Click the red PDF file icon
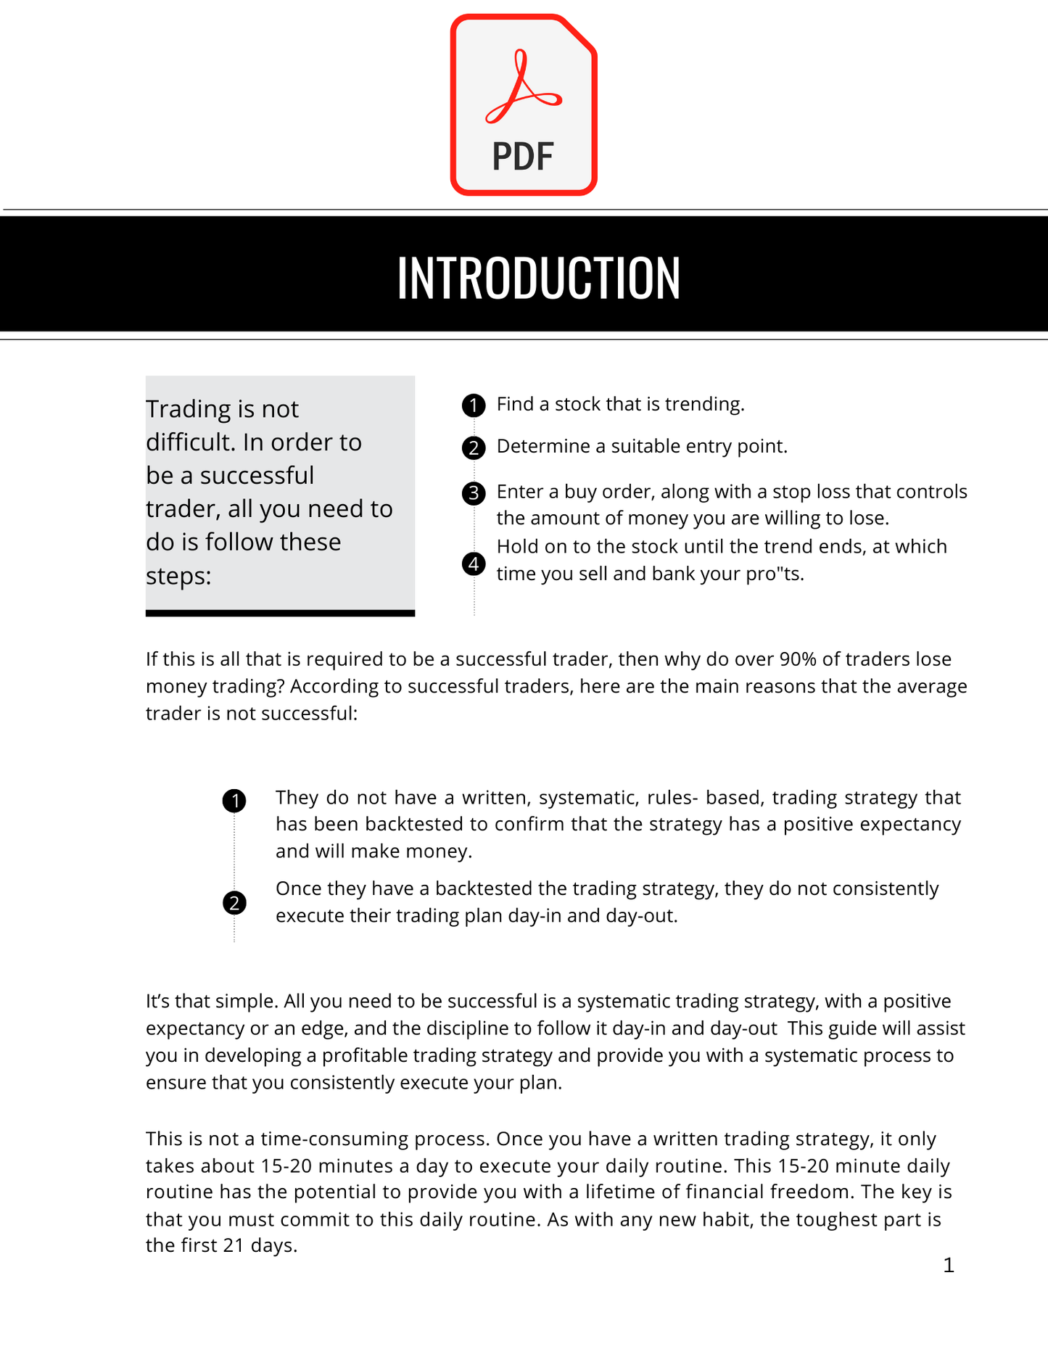click(x=524, y=105)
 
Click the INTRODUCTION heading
click(x=538, y=278)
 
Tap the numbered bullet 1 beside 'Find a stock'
click(x=474, y=405)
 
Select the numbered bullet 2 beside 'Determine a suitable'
click(x=474, y=448)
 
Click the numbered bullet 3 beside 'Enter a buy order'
click(x=474, y=494)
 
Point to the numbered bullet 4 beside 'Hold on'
click(x=474, y=564)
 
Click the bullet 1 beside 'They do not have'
click(x=234, y=801)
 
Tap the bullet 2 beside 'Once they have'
click(x=234, y=903)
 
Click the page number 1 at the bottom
click(x=949, y=1266)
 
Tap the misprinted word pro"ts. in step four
click(x=775, y=574)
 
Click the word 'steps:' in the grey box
click(x=178, y=576)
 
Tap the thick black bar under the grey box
click(x=280, y=613)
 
